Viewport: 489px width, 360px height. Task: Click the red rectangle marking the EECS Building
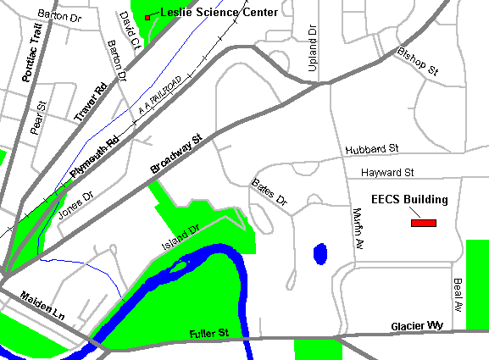(423, 223)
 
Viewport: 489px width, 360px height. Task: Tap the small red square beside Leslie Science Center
(147, 17)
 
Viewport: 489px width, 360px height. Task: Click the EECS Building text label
(410, 200)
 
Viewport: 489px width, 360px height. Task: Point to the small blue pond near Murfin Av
(320, 253)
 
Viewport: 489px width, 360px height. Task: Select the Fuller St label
(209, 335)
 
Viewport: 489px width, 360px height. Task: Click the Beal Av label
(458, 293)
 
